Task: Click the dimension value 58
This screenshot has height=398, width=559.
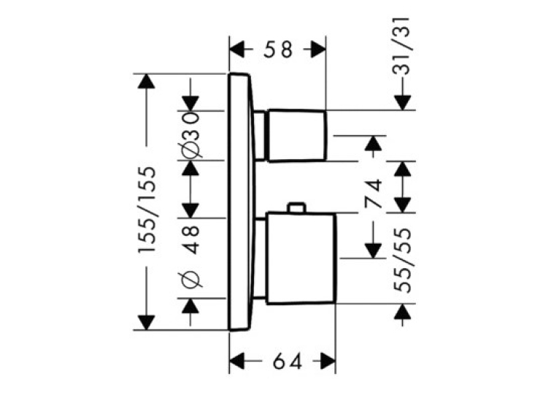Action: pyautogui.click(x=278, y=50)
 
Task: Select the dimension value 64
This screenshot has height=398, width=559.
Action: pyautogui.click(x=288, y=362)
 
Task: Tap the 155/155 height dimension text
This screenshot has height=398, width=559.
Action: pyautogui.click(x=147, y=210)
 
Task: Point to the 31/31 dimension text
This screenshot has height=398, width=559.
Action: pyautogui.click(x=402, y=46)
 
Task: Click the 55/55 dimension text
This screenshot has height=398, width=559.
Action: pyautogui.click(x=403, y=260)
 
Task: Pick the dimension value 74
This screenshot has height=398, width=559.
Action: pyautogui.click(x=373, y=194)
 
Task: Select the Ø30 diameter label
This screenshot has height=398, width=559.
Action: pyautogui.click(x=190, y=135)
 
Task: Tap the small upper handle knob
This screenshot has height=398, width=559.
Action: pyautogui.click(x=296, y=135)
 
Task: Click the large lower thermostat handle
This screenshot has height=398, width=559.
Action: pyautogui.click(x=301, y=259)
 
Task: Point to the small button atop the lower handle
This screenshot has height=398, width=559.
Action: pyautogui.click(x=296, y=208)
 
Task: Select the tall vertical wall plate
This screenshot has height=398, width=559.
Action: pyautogui.click(x=242, y=202)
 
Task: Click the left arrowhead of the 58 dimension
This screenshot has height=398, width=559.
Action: pyautogui.click(x=237, y=50)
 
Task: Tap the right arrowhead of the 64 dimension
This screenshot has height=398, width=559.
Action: pyautogui.click(x=327, y=362)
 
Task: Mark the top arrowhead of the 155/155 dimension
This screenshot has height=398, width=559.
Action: pyautogui.click(x=146, y=81)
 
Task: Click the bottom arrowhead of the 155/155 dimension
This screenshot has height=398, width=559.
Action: pyautogui.click(x=146, y=322)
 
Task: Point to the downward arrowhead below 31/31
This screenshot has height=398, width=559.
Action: pyautogui.click(x=403, y=103)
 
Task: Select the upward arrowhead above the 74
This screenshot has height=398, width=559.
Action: pyautogui.click(x=373, y=143)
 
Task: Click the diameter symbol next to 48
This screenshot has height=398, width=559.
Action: pyautogui.click(x=190, y=278)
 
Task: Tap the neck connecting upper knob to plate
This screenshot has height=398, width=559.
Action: pyautogui.click(x=260, y=136)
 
